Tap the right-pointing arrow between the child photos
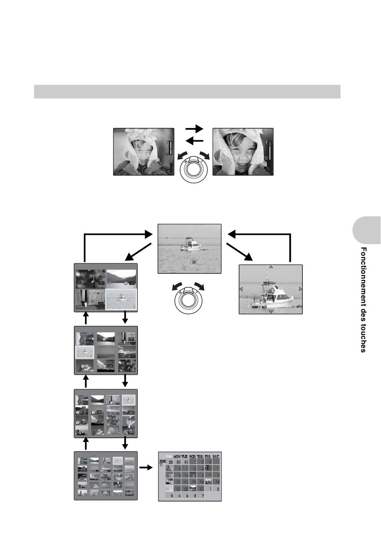195,129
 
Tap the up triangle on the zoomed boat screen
271,267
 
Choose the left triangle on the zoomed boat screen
241,289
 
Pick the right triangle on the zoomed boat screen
300,289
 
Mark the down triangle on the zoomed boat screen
271,311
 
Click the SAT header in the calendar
216,456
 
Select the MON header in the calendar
176,456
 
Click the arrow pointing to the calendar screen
146,467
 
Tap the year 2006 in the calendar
162,462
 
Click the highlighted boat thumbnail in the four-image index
121,299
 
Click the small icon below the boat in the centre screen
194,262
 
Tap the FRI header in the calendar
208,456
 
